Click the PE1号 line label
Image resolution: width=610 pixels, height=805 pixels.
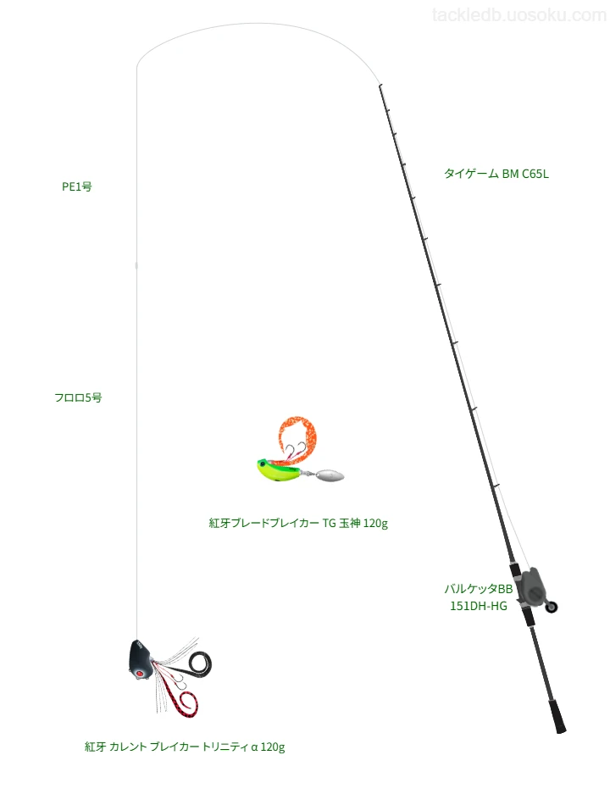point(77,186)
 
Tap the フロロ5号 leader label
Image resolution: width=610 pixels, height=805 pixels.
point(78,397)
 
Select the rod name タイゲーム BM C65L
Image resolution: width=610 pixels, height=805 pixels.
point(496,174)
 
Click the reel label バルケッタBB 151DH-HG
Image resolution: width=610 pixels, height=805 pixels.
point(479,597)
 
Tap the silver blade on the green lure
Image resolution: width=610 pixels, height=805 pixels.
point(328,475)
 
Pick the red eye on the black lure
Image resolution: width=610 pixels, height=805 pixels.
point(138,673)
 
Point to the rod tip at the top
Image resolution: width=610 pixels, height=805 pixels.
point(380,86)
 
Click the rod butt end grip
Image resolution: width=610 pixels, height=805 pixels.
point(557,716)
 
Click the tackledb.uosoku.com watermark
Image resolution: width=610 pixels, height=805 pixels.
point(519,15)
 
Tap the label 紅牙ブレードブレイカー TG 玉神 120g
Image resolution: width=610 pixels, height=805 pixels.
point(298,523)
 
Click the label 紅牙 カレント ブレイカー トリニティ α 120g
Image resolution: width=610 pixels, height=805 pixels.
point(185,747)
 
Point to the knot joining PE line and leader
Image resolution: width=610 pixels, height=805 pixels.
point(136,265)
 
